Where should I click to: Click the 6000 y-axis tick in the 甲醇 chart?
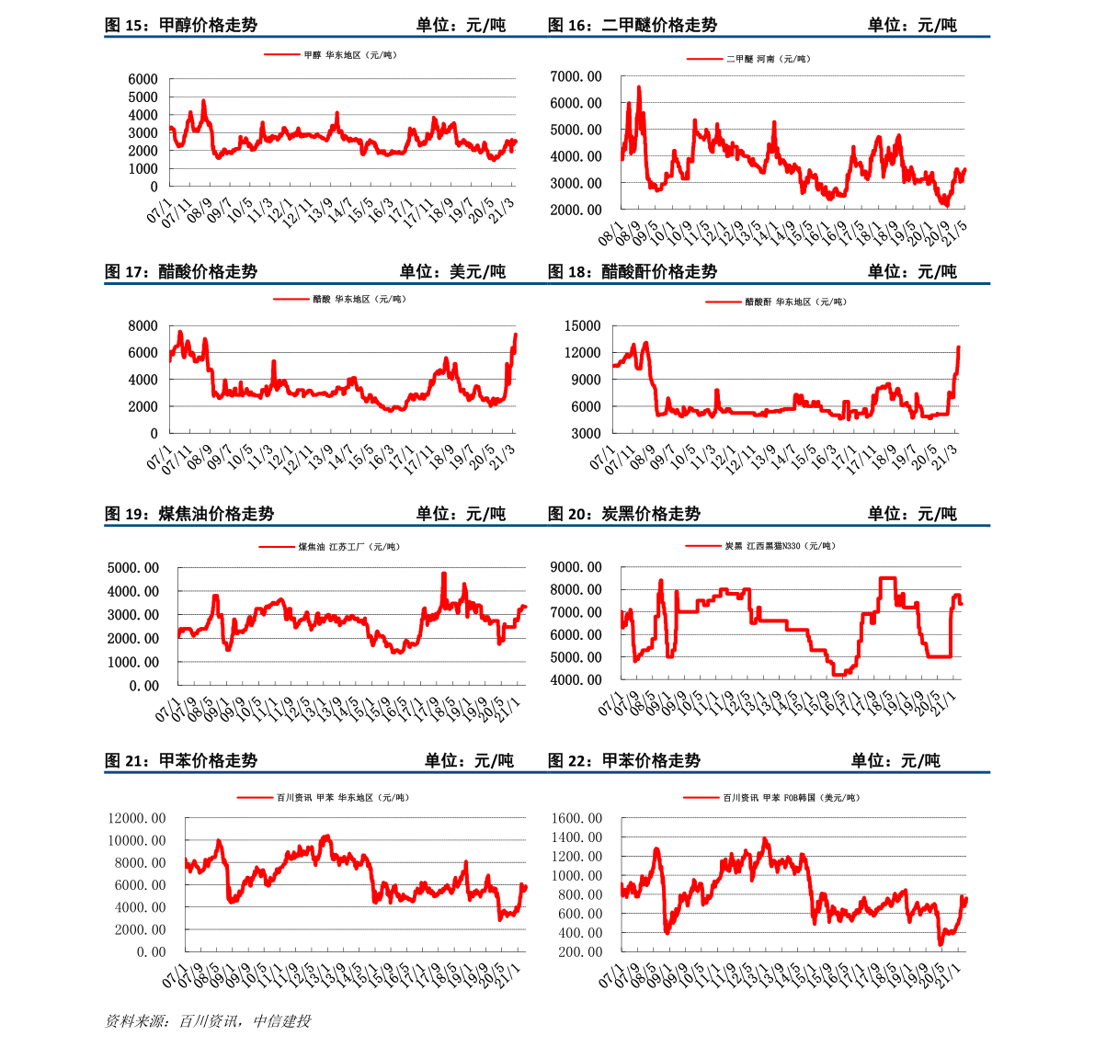(x=143, y=79)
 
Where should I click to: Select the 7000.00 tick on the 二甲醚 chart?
(x=576, y=76)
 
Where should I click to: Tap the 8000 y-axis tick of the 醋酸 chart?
(x=143, y=326)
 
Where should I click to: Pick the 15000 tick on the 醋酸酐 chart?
(x=582, y=326)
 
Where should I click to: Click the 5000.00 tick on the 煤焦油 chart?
(x=132, y=568)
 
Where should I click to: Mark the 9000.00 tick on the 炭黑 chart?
(x=576, y=567)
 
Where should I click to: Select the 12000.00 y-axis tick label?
(x=137, y=818)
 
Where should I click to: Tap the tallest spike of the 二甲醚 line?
(x=639, y=87)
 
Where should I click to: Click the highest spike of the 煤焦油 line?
(x=444, y=574)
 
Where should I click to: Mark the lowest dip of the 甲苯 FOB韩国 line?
(x=941, y=944)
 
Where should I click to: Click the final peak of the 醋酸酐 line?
(x=958, y=347)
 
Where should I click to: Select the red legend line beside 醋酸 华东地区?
(x=291, y=300)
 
